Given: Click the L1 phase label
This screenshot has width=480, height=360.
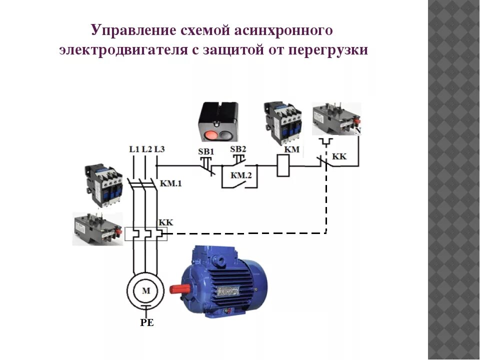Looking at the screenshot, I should (x=133, y=149).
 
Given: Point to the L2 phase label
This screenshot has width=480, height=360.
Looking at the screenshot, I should (x=146, y=149).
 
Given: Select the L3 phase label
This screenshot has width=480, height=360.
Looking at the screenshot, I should (x=159, y=149).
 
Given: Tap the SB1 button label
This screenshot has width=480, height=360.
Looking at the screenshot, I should (x=205, y=151).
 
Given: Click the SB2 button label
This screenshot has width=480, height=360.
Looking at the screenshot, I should (x=238, y=149).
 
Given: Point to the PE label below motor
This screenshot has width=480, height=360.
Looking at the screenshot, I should (x=146, y=323).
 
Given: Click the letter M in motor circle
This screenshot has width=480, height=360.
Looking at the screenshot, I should (x=145, y=290).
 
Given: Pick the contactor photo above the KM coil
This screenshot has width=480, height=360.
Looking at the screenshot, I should (x=283, y=123).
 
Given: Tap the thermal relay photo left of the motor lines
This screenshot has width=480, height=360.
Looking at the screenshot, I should (x=97, y=228).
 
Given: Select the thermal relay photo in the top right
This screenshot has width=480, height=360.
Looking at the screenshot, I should (x=336, y=118).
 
